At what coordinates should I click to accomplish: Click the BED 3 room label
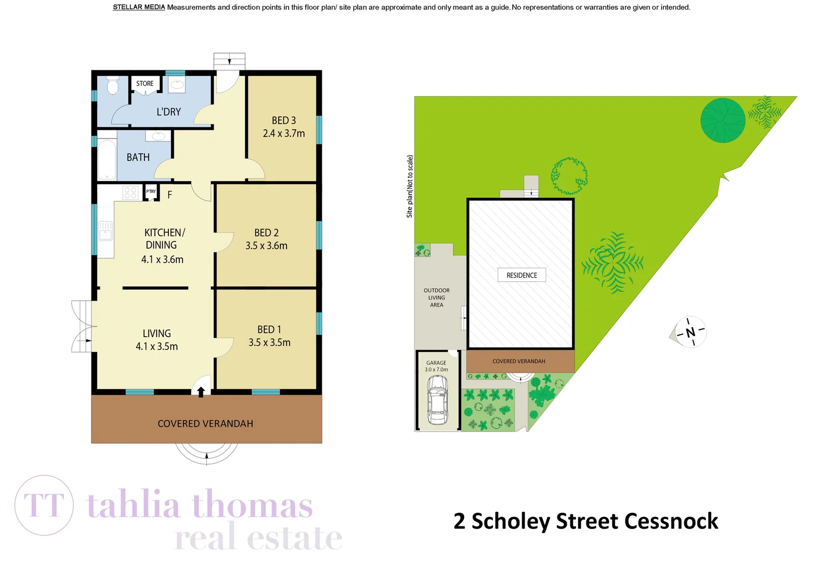(x=283, y=120)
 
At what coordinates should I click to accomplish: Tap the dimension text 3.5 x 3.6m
(x=266, y=246)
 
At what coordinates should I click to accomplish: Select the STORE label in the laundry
(x=145, y=83)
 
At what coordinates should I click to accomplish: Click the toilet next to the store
(x=113, y=85)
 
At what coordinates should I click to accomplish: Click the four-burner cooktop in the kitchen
(x=131, y=193)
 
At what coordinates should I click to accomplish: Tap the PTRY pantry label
(x=151, y=191)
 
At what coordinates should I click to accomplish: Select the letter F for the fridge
(x=170, y=195)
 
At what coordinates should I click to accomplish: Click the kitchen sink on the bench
(x=106, y=231)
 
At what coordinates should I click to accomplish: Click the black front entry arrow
(x=201, y=391)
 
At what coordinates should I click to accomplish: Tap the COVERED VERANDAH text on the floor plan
(x=205, y=424)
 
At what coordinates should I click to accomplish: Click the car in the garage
(x=437, y=400)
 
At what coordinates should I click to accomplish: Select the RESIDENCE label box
(x=522, y=275)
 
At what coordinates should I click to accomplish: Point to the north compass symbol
(x=690, y=332)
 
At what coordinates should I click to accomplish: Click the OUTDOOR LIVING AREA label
(x=437, y=298)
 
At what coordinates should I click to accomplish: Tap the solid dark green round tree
(x=722, y=120)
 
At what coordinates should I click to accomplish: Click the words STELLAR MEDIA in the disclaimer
(x=139, y=7)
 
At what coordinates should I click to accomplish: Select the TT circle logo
(x=44, y=505)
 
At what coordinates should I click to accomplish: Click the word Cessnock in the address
(x=671, y=521)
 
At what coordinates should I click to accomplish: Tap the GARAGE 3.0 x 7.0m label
(x=436, y=366)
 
